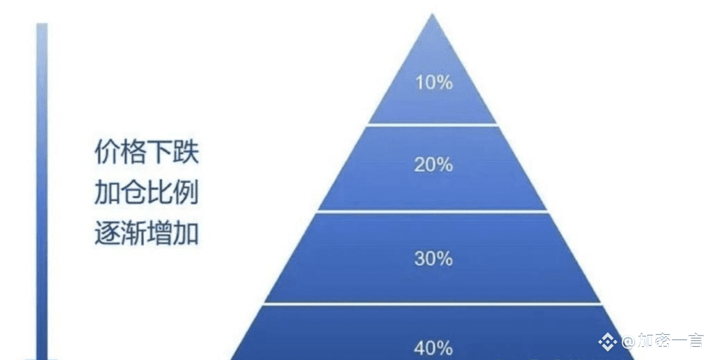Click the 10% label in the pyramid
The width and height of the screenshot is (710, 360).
click(x=434, y=82)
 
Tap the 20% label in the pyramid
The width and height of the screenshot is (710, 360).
click(x=433, y=165)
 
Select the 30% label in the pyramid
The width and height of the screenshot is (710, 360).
click(x=433, y=259)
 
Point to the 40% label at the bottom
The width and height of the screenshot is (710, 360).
click(x=433, y=348)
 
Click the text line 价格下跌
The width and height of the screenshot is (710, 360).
click(x=147, y=152)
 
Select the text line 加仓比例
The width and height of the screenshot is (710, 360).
click(x=147, y=193)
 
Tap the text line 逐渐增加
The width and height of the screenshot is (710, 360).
click(x=147, y=234)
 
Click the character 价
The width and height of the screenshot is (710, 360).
click(x=107, y=152)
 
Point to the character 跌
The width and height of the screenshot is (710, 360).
click(x=186, y=152)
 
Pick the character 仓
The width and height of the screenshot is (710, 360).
click(x=134, y=193)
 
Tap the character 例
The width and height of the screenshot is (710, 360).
click(x=186, y=193)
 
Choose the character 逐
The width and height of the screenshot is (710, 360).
click(x=107, y=234)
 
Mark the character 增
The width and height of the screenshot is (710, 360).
click(x=160, y=234)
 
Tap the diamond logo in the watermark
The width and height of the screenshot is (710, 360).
click(x=608, y=341)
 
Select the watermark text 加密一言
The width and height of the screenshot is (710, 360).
click(x=670, y=341)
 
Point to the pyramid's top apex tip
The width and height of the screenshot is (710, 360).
click(x=433, y=14)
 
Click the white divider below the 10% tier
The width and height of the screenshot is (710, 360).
click(x=433, y=124)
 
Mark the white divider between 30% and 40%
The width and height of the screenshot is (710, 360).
click(x=433, y=304)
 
